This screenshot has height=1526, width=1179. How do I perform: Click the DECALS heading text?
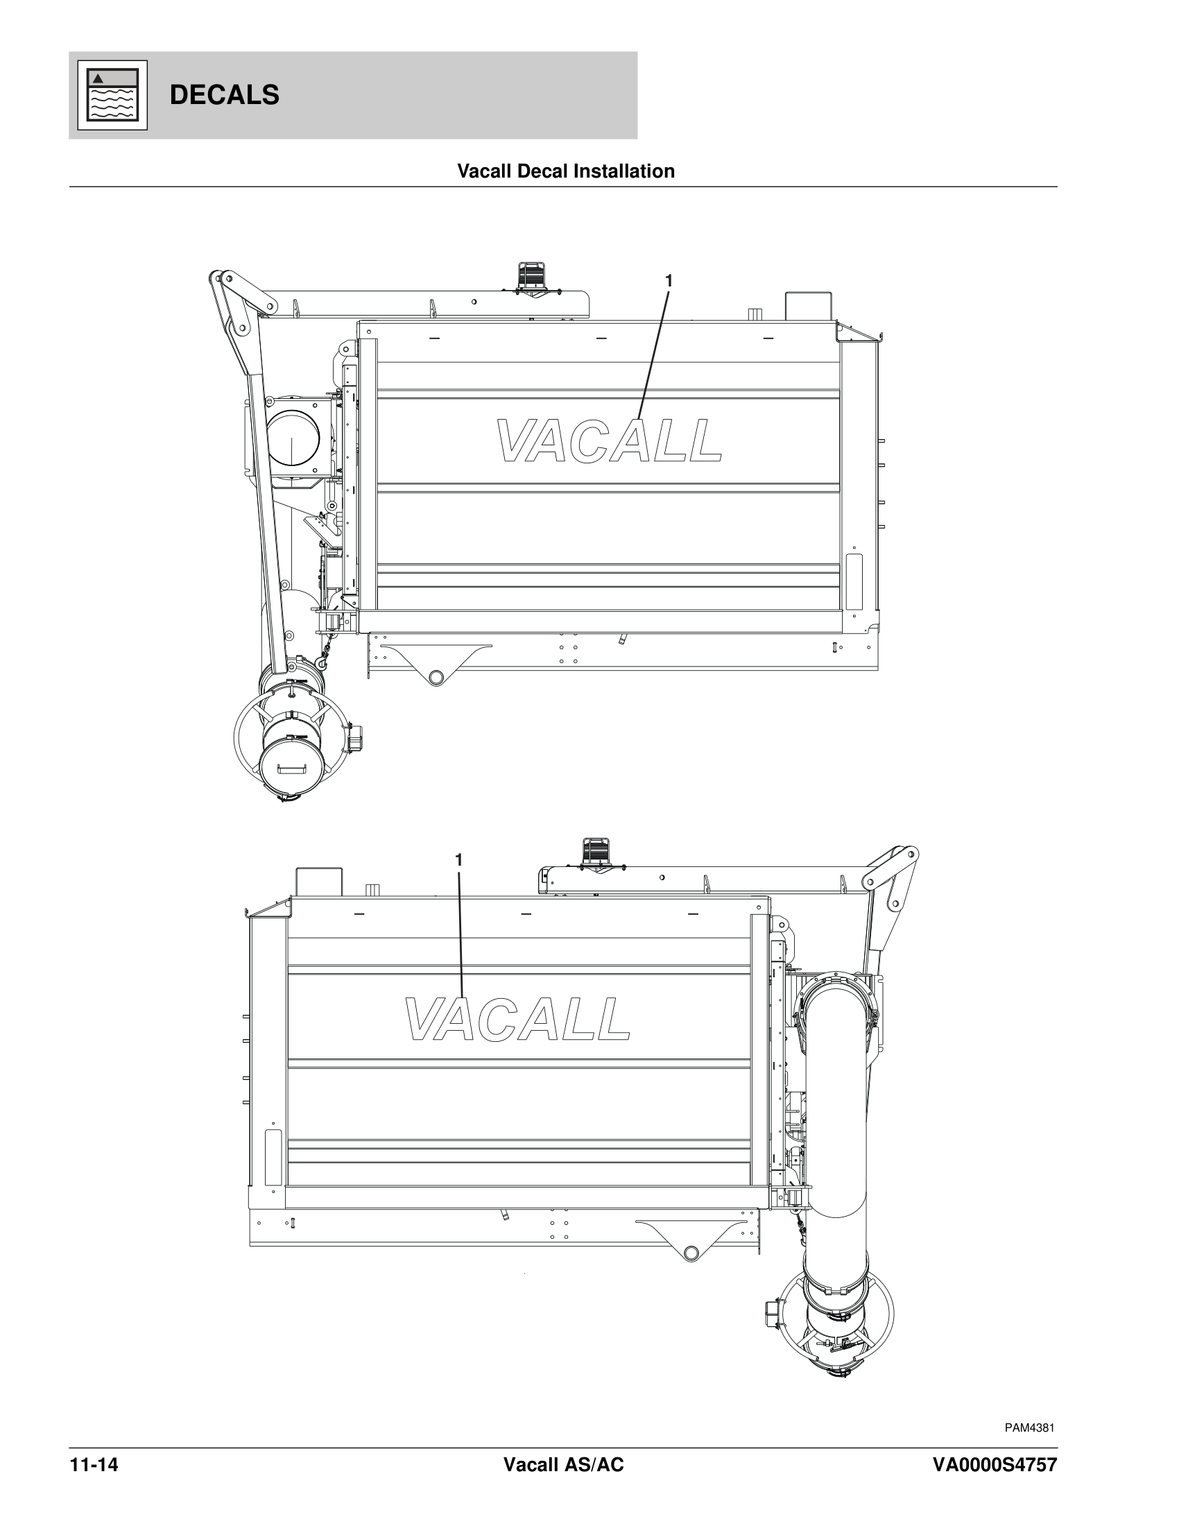pos(224,95)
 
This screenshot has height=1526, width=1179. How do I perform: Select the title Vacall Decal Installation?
pos(565,171)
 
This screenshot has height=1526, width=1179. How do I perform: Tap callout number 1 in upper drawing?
pos(669,281)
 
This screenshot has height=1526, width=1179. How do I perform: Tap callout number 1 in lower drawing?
pos(459,860)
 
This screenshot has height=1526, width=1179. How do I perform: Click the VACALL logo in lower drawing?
pos(517,1019)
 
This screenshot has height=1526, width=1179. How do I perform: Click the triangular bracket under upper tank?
pos(436,663)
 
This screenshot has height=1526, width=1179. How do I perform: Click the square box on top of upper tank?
pos(809,306)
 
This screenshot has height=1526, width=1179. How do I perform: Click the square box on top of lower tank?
pos(319,882)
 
